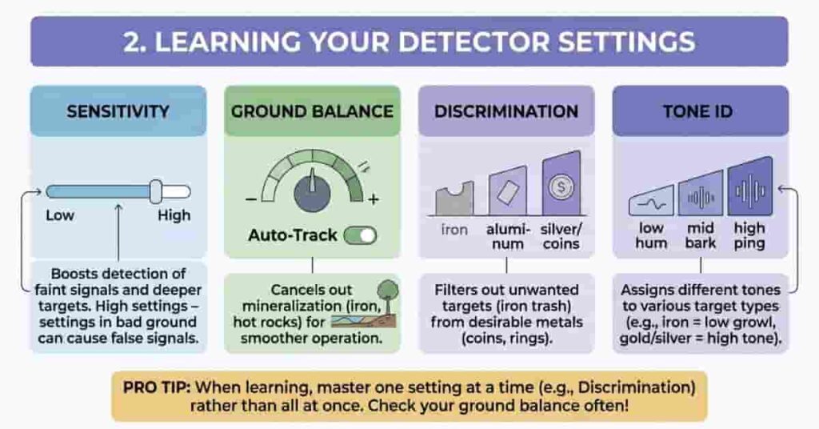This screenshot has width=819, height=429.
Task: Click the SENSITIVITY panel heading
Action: (x=118, y=110)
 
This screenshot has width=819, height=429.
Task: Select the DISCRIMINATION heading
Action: (x=505, y=110)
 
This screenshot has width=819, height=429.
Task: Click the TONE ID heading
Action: (x=700, y=110)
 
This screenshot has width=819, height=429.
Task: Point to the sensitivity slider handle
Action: (x=157, y=191)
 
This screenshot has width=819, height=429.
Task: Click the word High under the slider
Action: (x=174, y=215)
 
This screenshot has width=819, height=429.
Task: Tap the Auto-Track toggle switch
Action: (x=360, y=235)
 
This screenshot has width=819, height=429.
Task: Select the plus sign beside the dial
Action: (x=373, y=199)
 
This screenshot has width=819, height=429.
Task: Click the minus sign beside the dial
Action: (x=250, y=199)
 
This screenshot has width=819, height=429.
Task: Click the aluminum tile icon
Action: (x=507, y=192)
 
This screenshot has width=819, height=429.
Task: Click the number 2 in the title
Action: (x=133, y=41)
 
